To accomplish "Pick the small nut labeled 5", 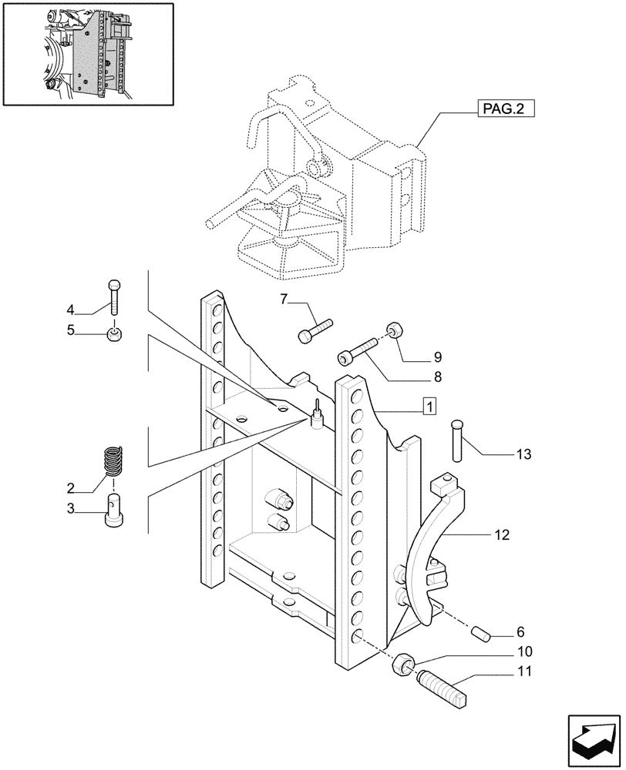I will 114,333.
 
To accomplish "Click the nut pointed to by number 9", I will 395,330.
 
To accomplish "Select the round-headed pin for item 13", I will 455,436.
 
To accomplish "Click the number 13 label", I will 524,455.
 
